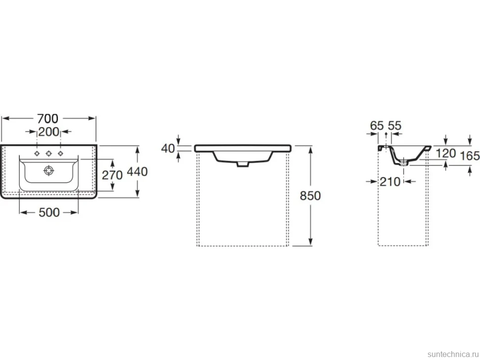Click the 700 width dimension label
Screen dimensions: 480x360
click(48, 119)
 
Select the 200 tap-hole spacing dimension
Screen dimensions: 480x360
click(48, 132)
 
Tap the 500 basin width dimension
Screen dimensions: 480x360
click(49, 212)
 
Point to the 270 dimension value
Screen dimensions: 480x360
click(112, 175)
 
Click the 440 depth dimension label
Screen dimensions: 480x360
click(137, 172)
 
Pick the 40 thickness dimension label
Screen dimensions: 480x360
click(168, 149)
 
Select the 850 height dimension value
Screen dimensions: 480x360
click(310, 196)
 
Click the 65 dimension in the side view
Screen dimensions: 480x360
click(377, 126)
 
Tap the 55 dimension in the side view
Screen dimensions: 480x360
click(394, 126)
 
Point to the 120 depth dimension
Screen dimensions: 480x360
click(446, 153)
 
